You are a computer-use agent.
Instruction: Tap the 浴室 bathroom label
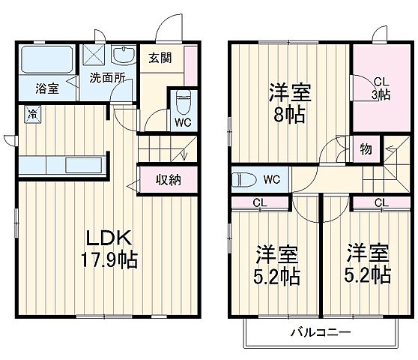tap(47, 88)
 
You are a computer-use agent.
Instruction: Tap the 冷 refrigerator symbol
tap(33, 114)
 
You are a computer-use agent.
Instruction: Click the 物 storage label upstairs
tap(366, 148)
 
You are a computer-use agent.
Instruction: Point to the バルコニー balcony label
tap(318, 331)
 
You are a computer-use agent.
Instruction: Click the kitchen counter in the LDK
tap(63, 165)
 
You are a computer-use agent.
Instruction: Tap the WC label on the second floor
tap(271, 179)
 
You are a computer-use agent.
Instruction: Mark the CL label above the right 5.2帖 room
tap(381, 202)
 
